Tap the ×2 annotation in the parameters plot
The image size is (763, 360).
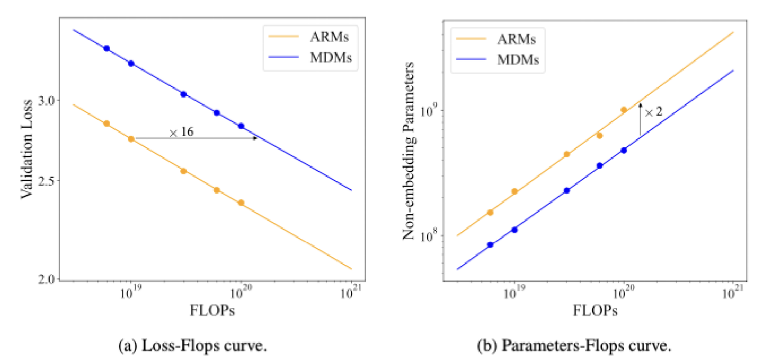(x=653, y=111)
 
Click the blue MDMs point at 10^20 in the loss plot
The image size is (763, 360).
(x=241, y=126)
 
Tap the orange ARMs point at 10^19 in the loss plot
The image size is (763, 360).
(x=131, y=139)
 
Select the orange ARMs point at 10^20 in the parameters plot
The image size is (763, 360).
(x=624, y=110)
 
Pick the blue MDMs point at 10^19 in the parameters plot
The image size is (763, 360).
(x=514, y=230)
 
